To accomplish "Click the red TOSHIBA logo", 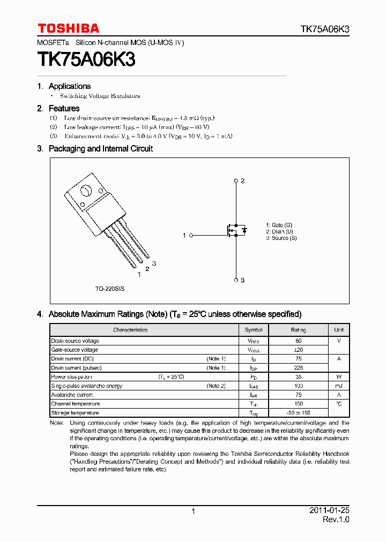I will pyautogui.click(x=68, y=28).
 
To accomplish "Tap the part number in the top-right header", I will pyautogui.click(x=324, y=29).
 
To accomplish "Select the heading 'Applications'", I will pyautogui.click(x=70, y=86).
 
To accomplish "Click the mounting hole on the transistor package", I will pyautogui.click(x=85, y=191).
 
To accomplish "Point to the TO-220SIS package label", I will pyautogui.click(x=110, y=288).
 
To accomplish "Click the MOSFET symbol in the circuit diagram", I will pyautogui.click(x=234, y=230).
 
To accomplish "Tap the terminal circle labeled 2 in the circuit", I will pyautogui.click(x=235, y=181).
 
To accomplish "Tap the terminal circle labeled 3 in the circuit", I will pyautogui.click(x=235, y=280).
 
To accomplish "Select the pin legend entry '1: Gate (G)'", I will pyautogui.click(x=279, y=225).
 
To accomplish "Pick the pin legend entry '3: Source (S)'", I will pyautogui.click(x=281, y=238).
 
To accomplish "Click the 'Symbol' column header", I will pyautogui.click(x=254, y=330).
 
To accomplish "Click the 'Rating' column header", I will pyautogui.click(x=299, y=330).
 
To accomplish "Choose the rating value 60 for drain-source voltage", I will pyautogui.click(x=299, y=341).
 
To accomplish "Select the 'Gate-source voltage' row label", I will pyautogui.click(x=75, y=350).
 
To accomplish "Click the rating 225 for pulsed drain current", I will pyautogui.click(x=299, y=368).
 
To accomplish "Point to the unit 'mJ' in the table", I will pyautogui.click(x=339, y=386).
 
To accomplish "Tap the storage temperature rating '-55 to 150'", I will pyautogui.click(x=299, y=412).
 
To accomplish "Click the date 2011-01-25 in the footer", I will pyautogui.click(x=329, y=510).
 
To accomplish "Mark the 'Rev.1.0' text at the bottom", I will pyautogui.click(x=336, y=520).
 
